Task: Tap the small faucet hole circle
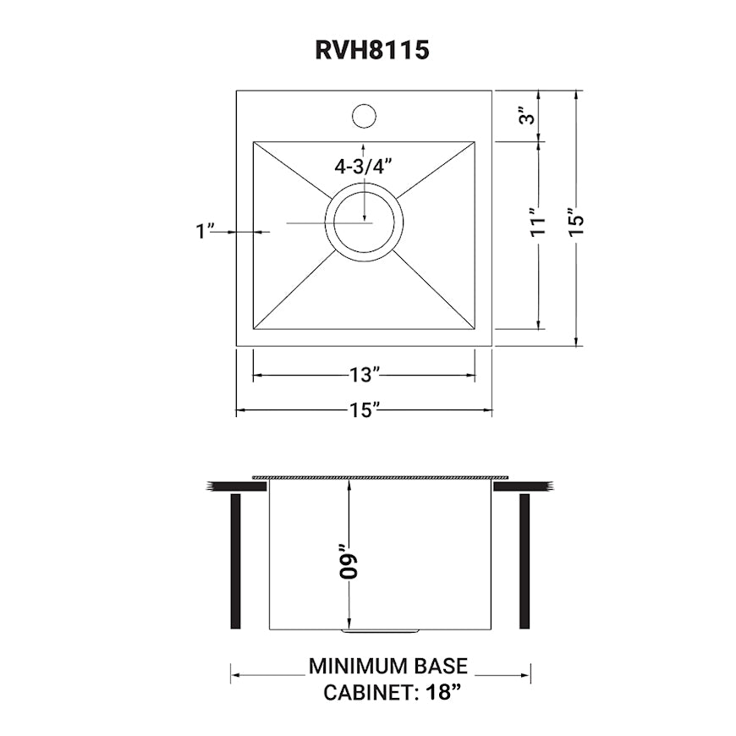coord(364,116)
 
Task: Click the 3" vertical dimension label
coord(528,116)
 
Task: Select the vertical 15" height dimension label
coord(577,221)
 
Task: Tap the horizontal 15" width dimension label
coord(364,411)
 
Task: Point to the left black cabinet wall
coord(236,561)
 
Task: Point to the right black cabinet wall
coord(525,561)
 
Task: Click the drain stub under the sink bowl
coord(380,631)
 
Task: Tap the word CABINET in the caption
coord(366,693)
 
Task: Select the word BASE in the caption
coord(442,667)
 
